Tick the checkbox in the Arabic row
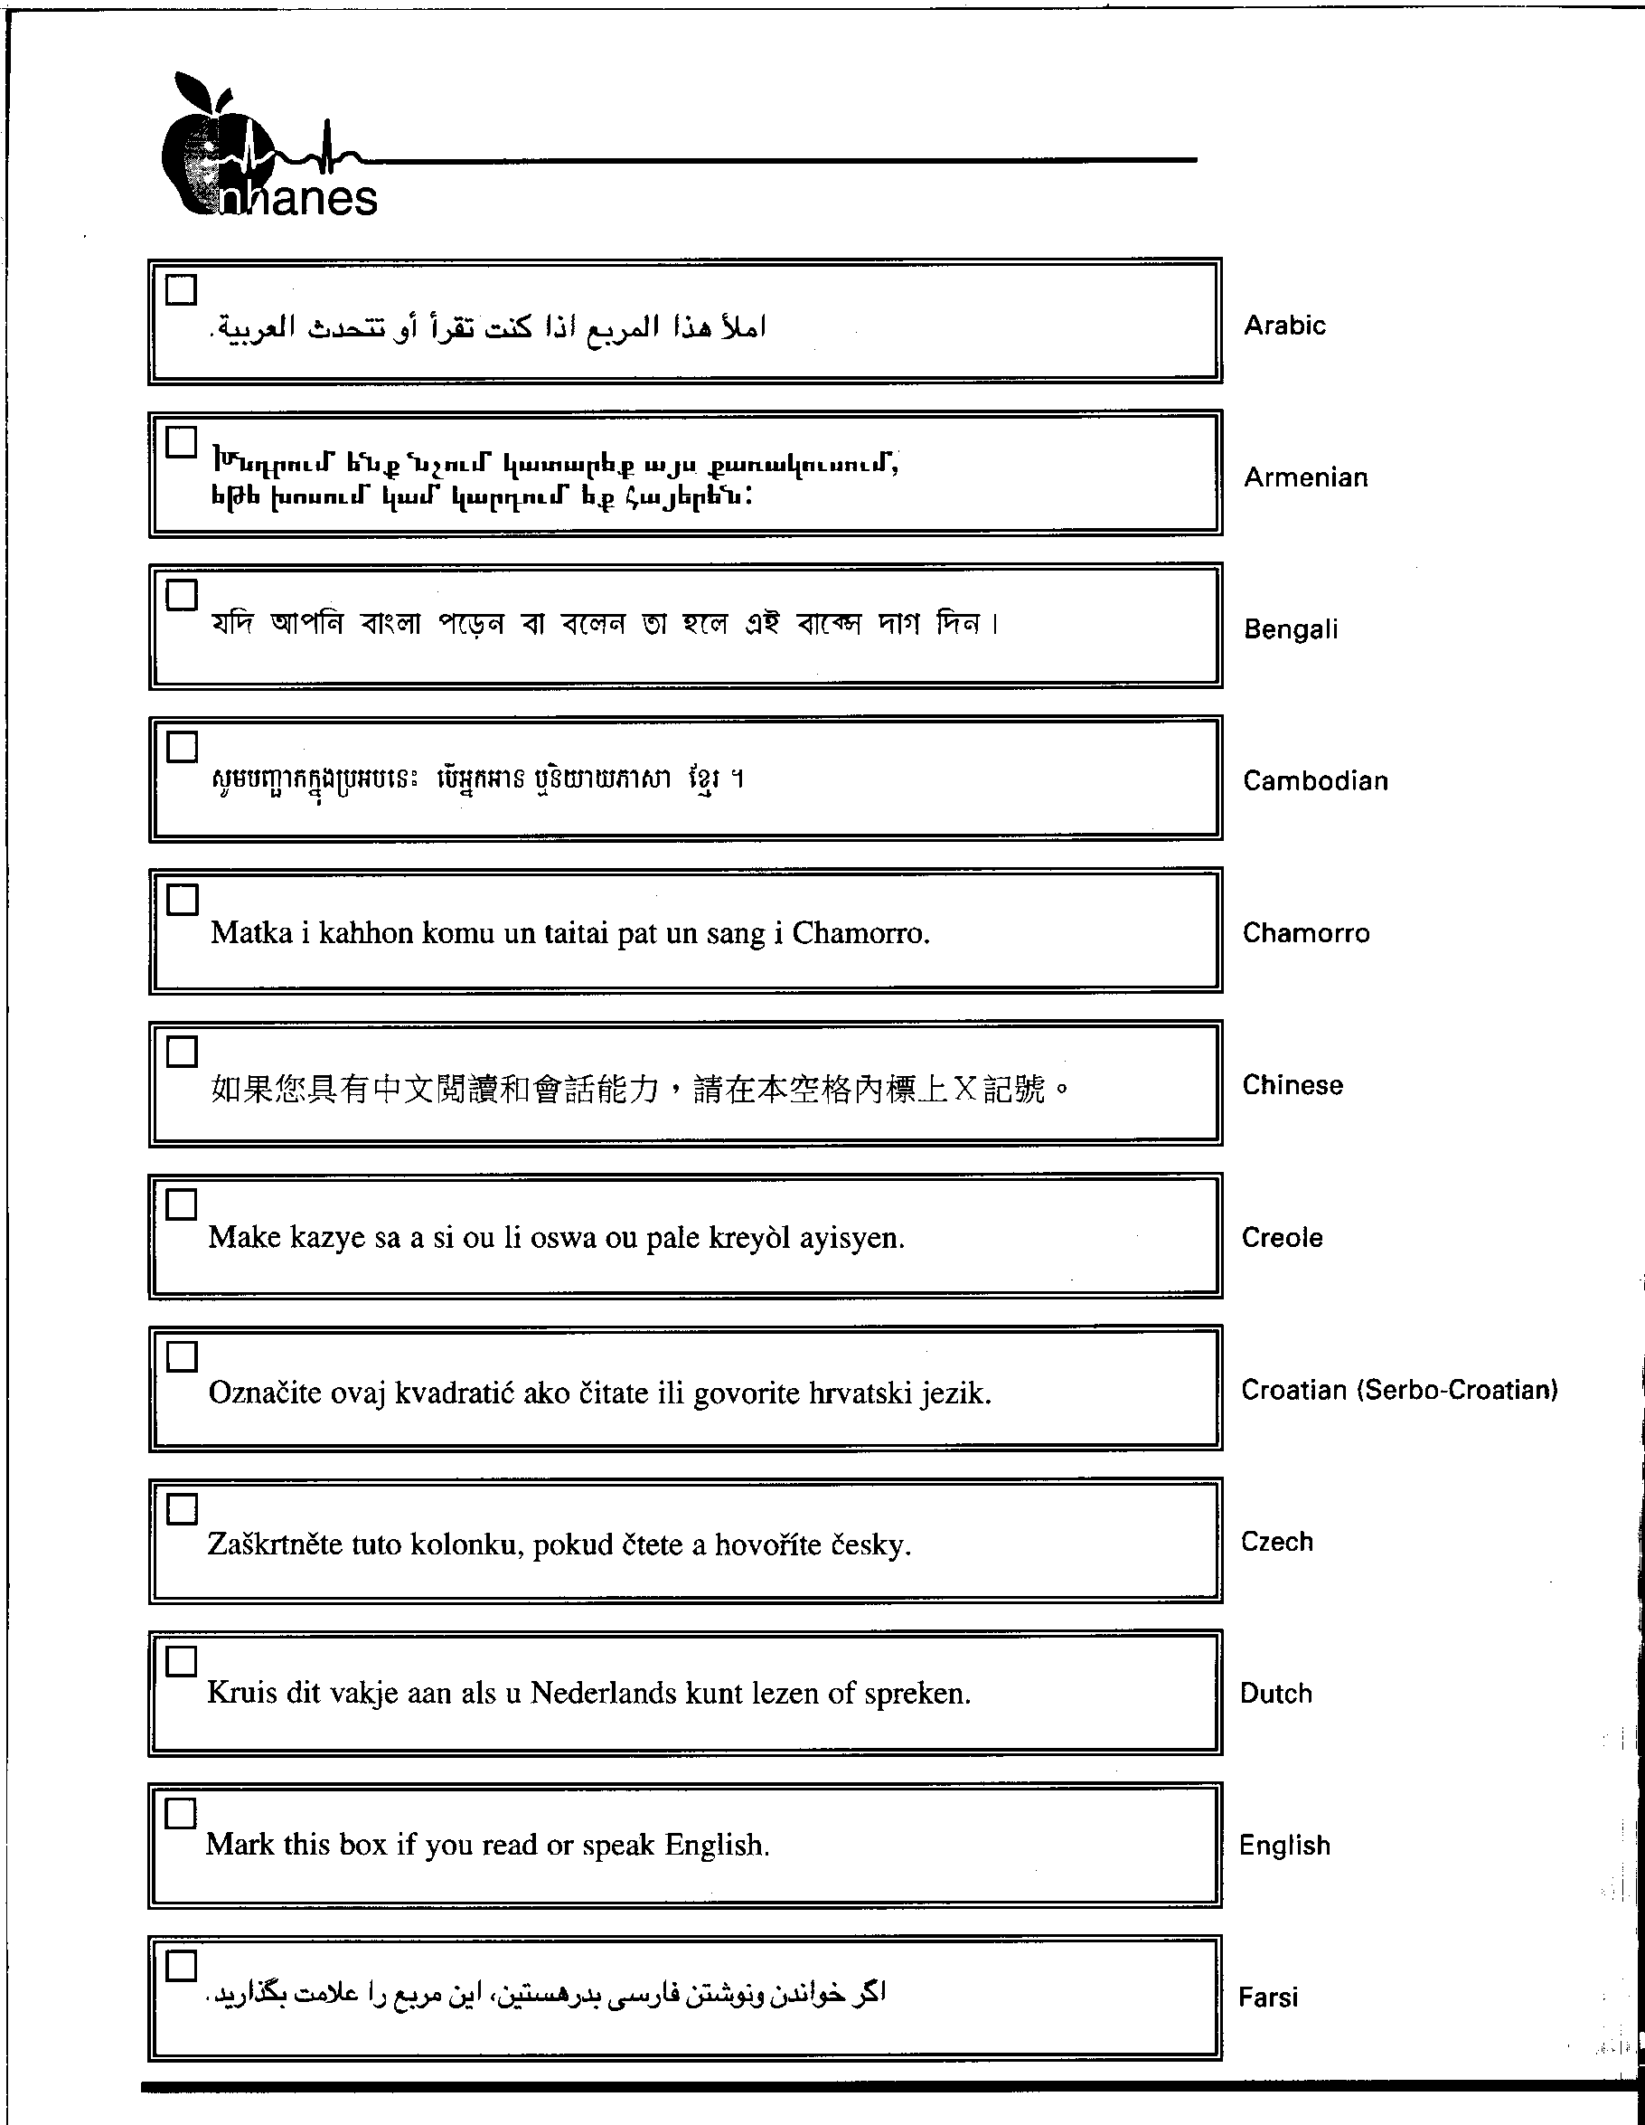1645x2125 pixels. coord(182,289)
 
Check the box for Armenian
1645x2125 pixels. coord(182,442)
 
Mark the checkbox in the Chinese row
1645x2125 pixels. coord(182,1052)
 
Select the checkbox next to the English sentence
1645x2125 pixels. coord(181,1814)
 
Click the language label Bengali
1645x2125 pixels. coord(1291,629)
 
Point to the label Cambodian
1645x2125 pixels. coord(1315,781)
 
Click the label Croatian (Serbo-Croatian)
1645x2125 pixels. coord(1399,1391)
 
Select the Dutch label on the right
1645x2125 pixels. coord(1275,1694)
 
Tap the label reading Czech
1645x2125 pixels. coord(1276,1542)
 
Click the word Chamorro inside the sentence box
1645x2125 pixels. coord(859,933)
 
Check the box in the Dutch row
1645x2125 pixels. coord(181,1662)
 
